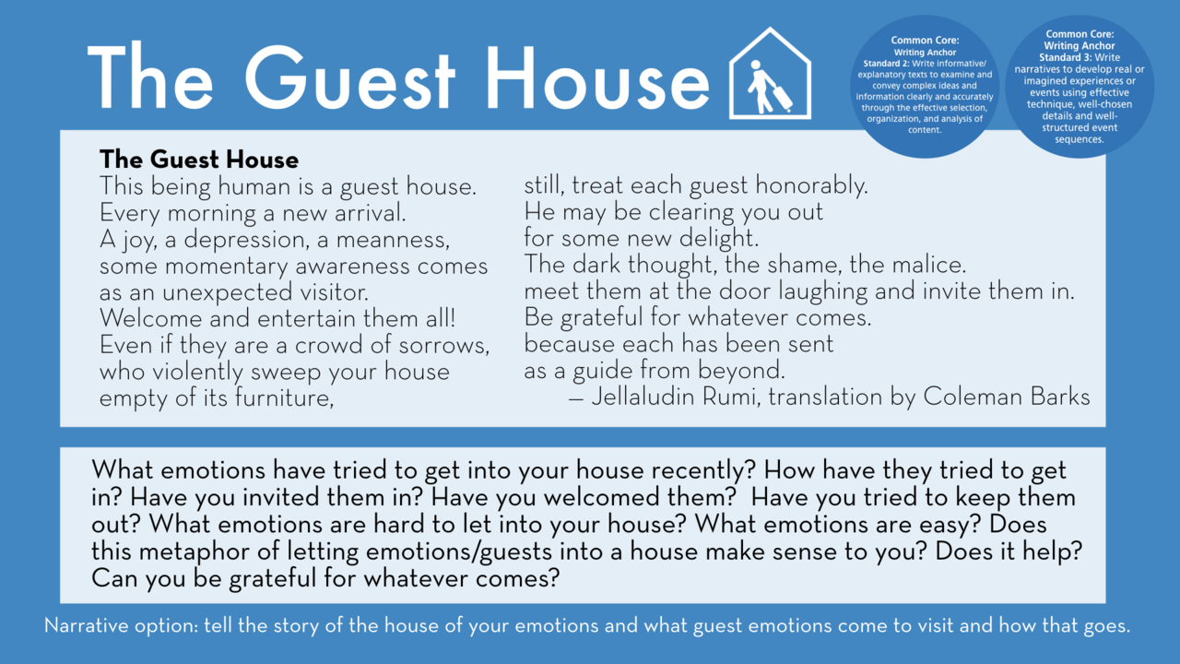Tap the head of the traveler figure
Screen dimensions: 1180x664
756,65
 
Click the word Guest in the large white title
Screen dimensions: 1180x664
349,78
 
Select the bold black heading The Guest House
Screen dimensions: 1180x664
199,160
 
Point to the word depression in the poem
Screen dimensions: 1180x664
244,241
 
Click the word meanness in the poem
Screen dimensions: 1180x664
393,241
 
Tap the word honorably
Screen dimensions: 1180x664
812,186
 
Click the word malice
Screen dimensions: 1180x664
931,265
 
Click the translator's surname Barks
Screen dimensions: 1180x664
1059,397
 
